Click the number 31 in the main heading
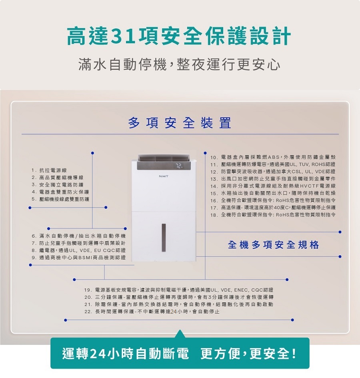(124, 37)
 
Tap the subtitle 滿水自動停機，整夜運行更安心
(179, 65)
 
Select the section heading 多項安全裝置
(180, 123)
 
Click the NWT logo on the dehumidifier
(164, 176)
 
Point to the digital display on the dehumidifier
(179, 166)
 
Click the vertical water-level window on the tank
(164, 238)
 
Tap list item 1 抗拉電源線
(49, 170)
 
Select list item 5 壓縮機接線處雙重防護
(60, 199)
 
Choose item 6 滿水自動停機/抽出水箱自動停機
(79, 236)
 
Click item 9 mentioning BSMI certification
(79, 258)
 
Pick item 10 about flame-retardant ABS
(273, 157)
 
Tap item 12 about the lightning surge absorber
(273, 172)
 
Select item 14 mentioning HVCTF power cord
(273, 186)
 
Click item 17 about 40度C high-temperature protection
(273, 208)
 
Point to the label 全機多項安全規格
(274, 245)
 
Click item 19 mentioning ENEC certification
(179, 290)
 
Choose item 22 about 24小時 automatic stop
(152, 312)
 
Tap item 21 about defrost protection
(179, 304)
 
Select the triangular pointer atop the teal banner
(180, 334)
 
